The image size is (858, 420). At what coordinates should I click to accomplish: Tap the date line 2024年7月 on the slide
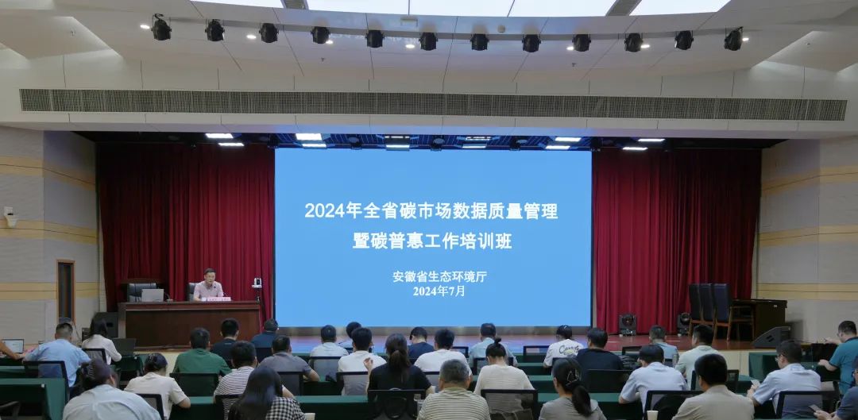click(439, 291)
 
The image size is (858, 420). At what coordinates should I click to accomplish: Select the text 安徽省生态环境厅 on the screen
click(439, 277)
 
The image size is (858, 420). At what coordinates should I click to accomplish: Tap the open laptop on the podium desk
click(153, 295)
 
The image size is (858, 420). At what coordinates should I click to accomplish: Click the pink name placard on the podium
click(217, 299)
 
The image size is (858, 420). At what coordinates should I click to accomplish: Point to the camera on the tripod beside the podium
click(257, 283)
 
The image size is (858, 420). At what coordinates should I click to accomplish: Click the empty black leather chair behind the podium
click(140, 291)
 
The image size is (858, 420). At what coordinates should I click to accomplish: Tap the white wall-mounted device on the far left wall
click(10, 217)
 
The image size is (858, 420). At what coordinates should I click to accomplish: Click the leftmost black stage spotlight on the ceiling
click(160, 29)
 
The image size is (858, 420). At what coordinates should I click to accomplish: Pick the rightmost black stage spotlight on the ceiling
click(733, 40)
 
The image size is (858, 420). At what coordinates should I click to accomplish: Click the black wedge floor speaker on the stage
click(771, 337)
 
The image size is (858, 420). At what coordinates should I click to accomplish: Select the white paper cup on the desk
click(651, 415)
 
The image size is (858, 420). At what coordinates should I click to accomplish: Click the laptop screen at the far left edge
click(14, 345)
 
